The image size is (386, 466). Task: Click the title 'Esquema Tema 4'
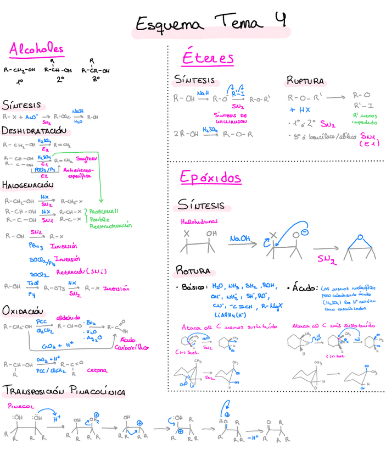click(x=211, y=23)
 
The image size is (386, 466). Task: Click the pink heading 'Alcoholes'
click(x=36, y=50)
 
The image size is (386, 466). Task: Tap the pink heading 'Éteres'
click(x=208, y=58)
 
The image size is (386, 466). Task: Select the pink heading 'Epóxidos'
click(x=211, y=178)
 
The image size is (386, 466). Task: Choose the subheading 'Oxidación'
click(x=21, y=311)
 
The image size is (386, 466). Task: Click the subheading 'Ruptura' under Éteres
click(x=305, y=81)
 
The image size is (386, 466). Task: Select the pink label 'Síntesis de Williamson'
click(x=238, y=118)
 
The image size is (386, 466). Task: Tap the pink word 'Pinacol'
click(x=21, y=406)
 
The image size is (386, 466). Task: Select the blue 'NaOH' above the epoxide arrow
click(x=240, y=238)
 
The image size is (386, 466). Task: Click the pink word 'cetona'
click(x=98, y=370)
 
